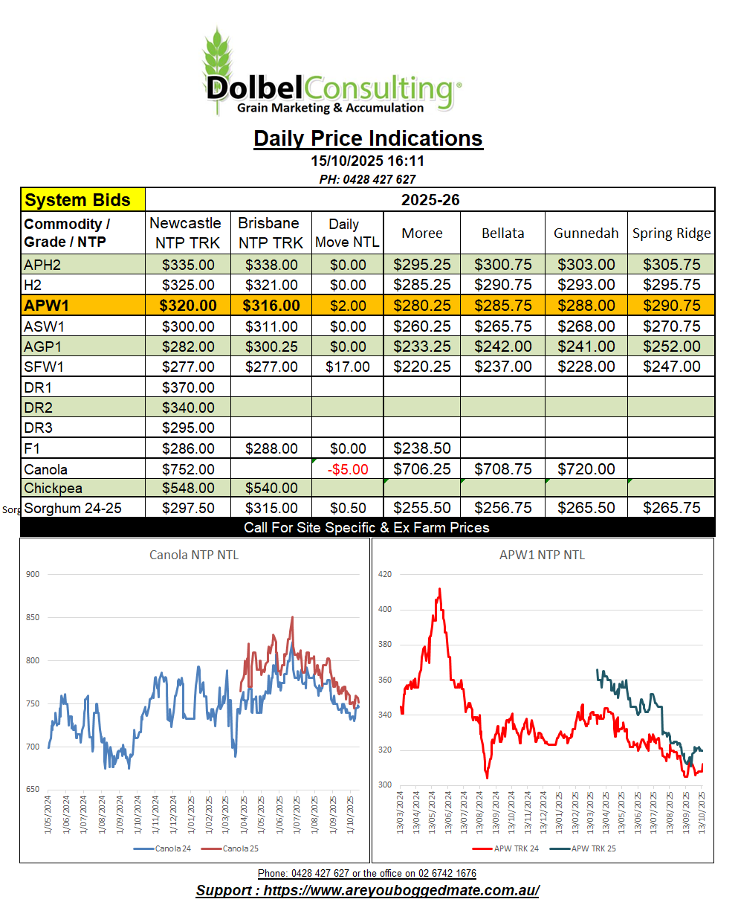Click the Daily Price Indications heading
[368, 138]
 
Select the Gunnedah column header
[586, 233]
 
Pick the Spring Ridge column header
[671, 233]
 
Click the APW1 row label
[47, 306]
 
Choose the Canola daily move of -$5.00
[347, 469]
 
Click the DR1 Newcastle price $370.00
[188, 387]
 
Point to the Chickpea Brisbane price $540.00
[271, 489]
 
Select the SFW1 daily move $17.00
[347, 367]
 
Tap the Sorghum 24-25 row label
[72, 509]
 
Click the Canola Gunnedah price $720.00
[586, 469]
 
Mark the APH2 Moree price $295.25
[421, 265]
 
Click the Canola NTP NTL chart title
[194, 555]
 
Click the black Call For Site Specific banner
[367, 527]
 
